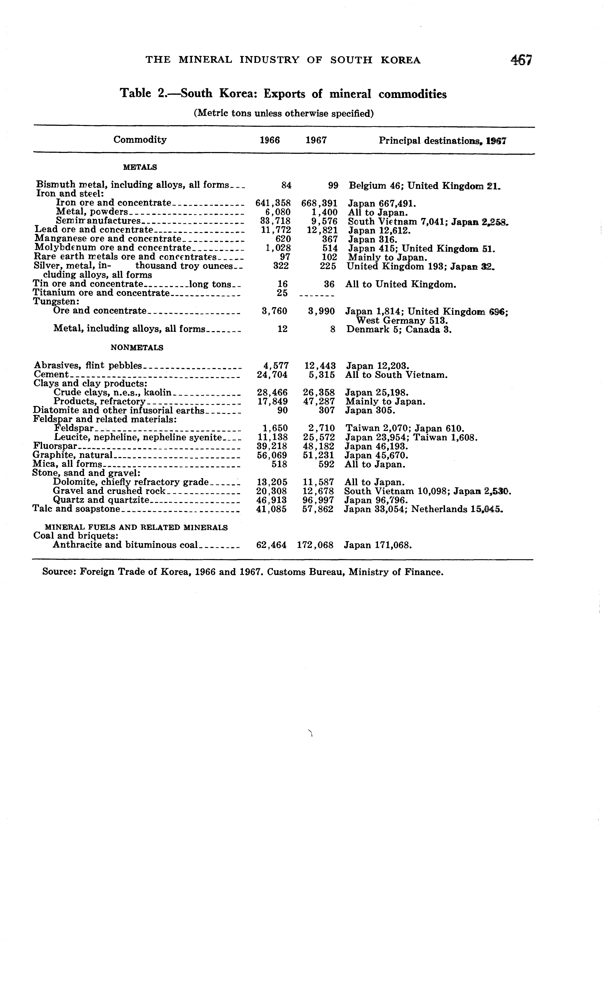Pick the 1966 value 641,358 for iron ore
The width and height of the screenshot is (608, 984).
point(273,203)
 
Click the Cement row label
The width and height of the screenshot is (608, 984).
point(51,375)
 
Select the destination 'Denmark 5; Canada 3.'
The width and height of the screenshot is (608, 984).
point(399,330)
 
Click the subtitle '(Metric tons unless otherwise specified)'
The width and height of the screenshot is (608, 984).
point(284,114)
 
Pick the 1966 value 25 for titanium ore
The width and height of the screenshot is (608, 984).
point(282,293)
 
